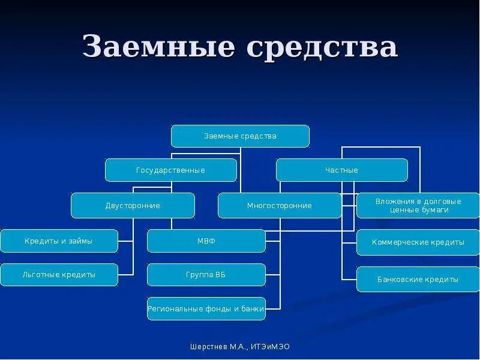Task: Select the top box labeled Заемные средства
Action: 240,136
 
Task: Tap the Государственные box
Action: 170,170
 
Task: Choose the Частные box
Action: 341,170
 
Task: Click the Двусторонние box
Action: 133,206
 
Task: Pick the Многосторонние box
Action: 279,206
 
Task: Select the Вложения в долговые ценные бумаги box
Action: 418,206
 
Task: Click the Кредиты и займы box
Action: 59,241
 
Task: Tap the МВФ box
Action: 206,241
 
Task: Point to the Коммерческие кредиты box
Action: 418,242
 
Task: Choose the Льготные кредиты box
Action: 59,275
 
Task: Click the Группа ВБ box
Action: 206,275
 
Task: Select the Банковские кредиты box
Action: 418,280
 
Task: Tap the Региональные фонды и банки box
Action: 206,309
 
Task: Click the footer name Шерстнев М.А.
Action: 216,347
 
